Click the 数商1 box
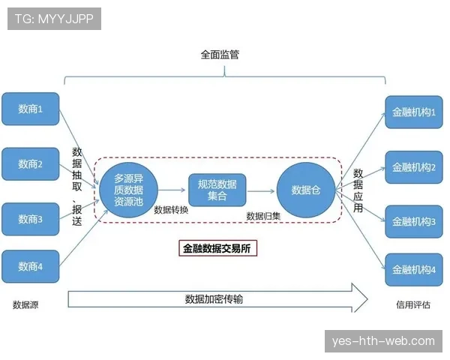click(31, 109)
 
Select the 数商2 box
click(31, 164)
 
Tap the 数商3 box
click(31, 219)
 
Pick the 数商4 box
click(31, 266)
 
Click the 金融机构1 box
click(414, 112)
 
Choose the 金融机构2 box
click(414, 167)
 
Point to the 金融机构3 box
click(414, 222)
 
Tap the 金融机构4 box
click(414, 269)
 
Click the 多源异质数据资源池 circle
click(128, 190)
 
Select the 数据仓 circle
click(306, 190)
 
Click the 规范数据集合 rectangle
click(217, 190)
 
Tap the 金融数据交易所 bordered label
click(217, 248)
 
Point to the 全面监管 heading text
click(220, 55)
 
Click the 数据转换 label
click(171, 210)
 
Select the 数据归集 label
click(263, 216)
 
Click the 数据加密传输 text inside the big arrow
click(214, 299)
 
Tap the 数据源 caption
click(25, 304)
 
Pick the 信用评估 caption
click(413, 304)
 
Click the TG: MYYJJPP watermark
click(54, 19)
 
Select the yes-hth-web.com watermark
click(383, 341)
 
